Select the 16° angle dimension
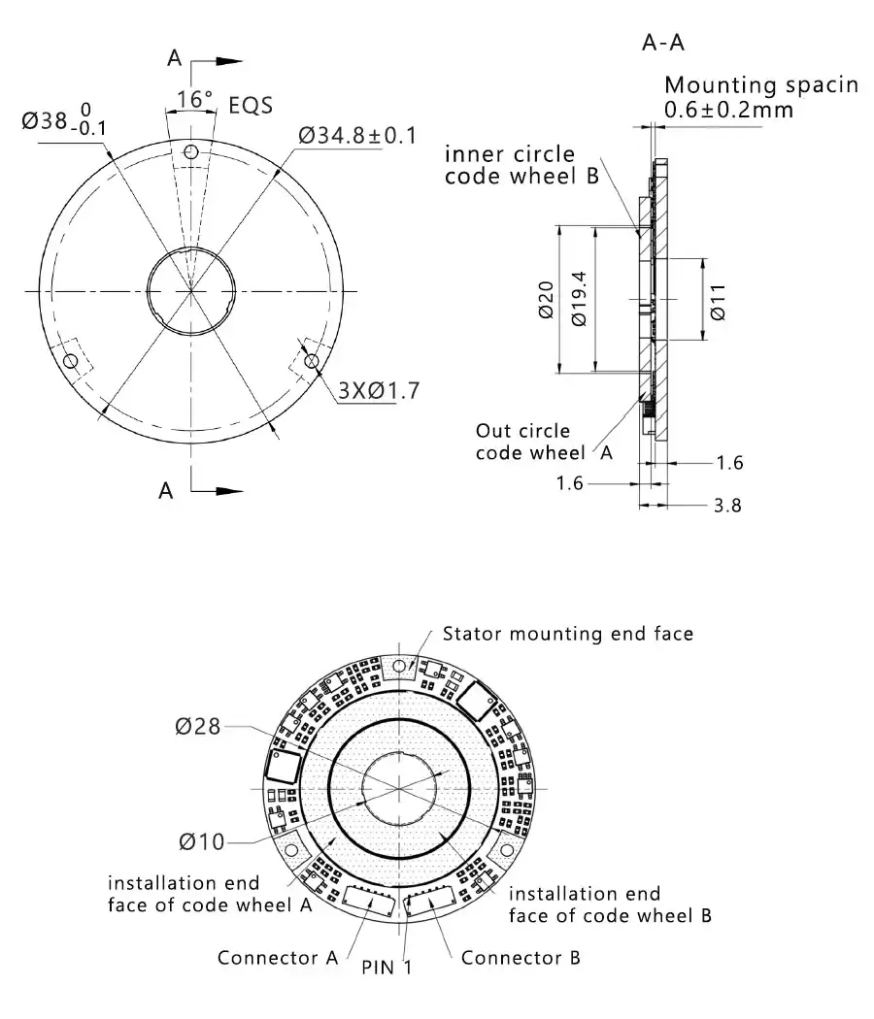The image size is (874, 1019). pos(194,99)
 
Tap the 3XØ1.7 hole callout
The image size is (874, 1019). pos(379,391)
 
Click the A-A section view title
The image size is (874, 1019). pos(664,43)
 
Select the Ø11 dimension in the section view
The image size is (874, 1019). pos(718,301)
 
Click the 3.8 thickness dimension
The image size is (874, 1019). pos(727,505)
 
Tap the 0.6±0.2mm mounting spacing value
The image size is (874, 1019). pos(728,110)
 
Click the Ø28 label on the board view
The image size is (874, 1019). pos(198,726)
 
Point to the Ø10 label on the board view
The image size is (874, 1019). pos(200,841)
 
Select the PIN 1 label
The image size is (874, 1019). pos(387,968)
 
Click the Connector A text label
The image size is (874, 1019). pos(277,958)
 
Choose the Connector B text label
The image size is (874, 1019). pos(521,958)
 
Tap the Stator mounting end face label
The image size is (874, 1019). pos(568,634)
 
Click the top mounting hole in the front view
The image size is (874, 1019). pos(192,152)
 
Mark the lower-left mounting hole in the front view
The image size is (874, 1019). pos(70,361)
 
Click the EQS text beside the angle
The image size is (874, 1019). pos(251,104)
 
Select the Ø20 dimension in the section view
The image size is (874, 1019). pos(546,301)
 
